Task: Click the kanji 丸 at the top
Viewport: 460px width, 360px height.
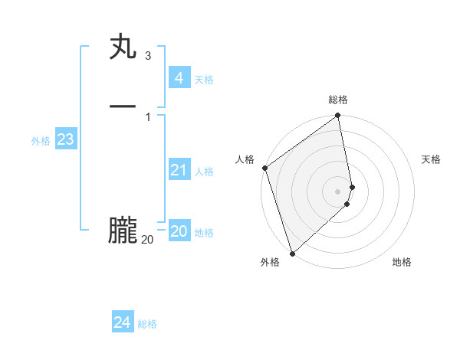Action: (123, 47)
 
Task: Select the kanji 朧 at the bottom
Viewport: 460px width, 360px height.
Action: (123, 231)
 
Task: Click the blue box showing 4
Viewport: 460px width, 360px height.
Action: (179, 78)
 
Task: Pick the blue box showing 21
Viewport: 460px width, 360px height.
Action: (179, 170)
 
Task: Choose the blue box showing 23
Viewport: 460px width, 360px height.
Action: (65, 139)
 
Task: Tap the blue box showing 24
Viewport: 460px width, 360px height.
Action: (122, 322)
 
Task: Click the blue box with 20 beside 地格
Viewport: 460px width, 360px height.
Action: (179, 231)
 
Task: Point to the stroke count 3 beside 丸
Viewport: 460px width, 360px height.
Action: (147, 56)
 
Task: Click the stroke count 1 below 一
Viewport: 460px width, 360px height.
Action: (147, 116)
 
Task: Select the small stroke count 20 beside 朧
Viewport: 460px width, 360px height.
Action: (147, 240)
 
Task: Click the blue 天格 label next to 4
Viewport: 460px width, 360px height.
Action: (204, 80)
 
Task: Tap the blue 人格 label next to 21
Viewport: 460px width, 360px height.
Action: (204, 172)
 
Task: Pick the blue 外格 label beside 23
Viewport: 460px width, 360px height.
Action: (41, 141)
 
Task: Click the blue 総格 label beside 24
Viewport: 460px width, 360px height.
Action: (147, 324)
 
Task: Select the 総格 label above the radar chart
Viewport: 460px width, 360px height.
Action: (338, 100)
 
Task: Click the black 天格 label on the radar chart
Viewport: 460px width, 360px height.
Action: (431, 159)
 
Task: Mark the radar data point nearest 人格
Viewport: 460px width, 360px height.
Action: (264, 168)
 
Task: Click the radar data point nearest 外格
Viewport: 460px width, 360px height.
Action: (291, 254)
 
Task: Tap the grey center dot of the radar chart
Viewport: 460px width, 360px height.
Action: (338, 191)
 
